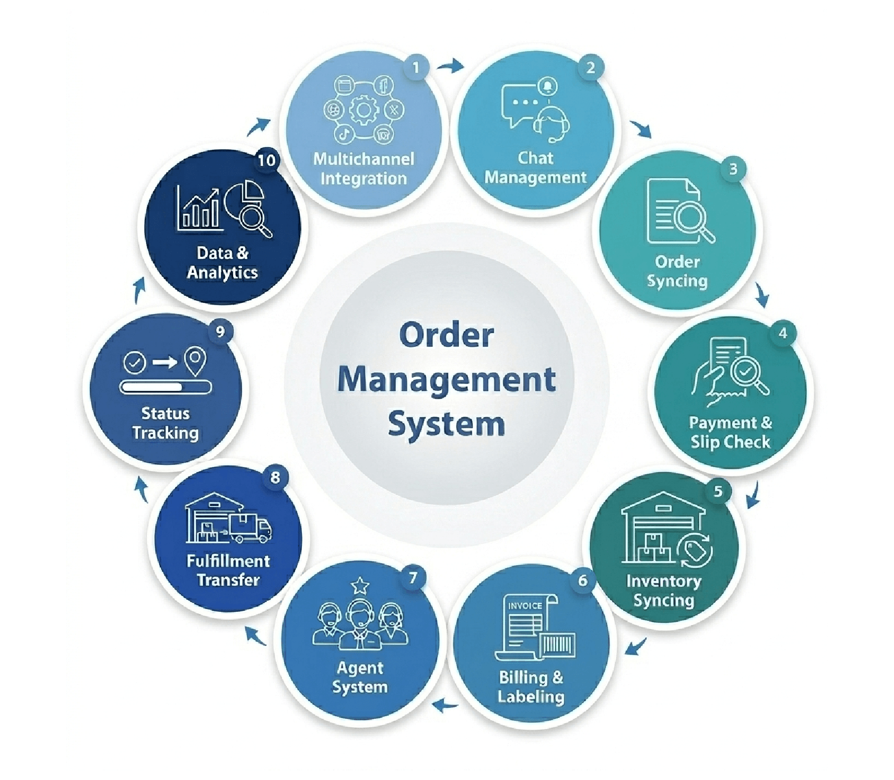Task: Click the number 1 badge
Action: coord(416,68)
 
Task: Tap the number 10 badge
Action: coord(267,160)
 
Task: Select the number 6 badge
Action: coord(583,580)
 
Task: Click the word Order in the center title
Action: coord(447,336)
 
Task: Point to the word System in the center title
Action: coord(447,425)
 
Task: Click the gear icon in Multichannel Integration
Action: coord(364,109)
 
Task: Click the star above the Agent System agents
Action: coord(360,585)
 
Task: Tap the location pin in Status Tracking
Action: coord(195,362)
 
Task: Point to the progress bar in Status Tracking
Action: coord(166,387)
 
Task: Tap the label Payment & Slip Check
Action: coord(730,432)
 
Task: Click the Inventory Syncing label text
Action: coord(664,591)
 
